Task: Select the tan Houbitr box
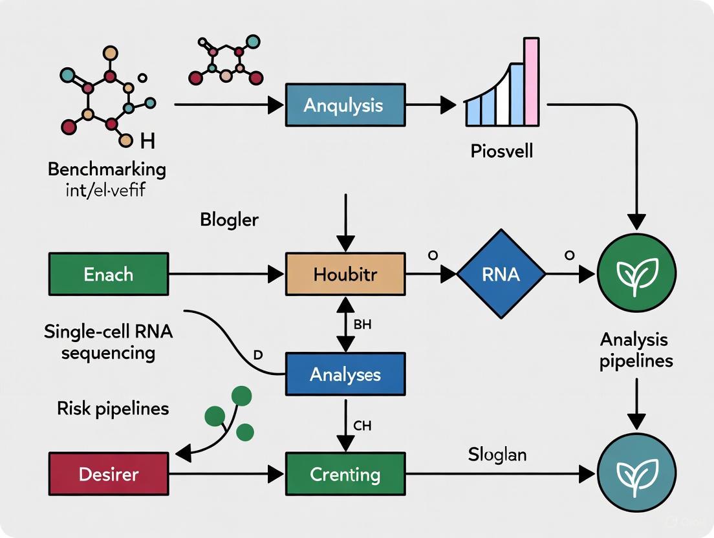tap(345, 274)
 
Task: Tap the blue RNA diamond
tap(501, 274)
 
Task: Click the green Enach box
tap(109, 274)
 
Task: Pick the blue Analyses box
tap(345, 374)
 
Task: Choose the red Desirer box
tap(109, 474)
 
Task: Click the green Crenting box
tap(345, 474)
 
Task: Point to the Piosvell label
tap(502, 152)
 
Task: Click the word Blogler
tap(229, 220)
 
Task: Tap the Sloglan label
tap(497, 455)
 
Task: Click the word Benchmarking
tap(107, 170)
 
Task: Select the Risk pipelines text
tap(113, 408)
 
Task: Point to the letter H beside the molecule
tap(147, 140)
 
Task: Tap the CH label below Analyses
tap(362, 425)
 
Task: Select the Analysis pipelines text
tap(636, 350)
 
